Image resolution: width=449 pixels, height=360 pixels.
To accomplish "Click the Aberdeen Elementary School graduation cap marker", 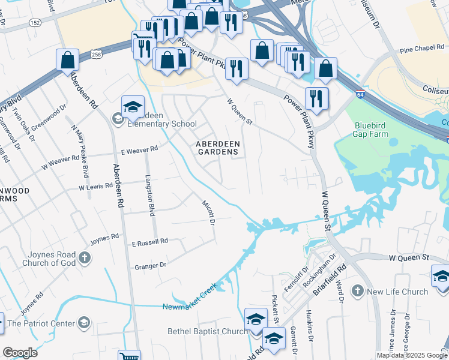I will [x=133, y=107].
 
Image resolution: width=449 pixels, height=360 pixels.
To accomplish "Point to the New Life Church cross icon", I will [x=357, y=291].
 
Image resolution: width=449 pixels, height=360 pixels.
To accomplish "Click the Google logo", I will [x=20, y=352].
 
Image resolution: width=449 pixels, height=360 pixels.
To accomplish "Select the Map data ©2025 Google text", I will [x=411, y=355].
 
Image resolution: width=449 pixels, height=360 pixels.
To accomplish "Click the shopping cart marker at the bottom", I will [x=129, y=356].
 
